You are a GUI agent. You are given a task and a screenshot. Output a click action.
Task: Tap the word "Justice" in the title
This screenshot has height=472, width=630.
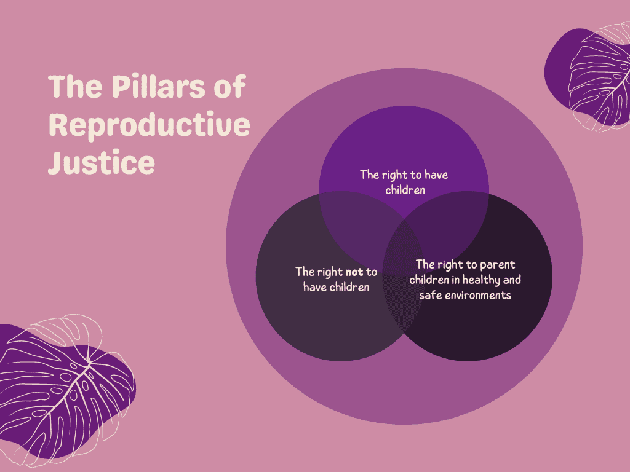coord(102,162)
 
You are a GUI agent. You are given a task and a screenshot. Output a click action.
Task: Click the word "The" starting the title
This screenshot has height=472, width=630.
coord(75,86)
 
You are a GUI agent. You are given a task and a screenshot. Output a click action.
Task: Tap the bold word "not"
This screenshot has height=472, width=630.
coord(354,272)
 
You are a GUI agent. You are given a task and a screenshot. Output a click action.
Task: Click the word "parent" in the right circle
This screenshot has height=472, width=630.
coord(497,265)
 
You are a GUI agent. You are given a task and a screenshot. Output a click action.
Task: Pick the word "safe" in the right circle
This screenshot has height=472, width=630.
coord(430,295)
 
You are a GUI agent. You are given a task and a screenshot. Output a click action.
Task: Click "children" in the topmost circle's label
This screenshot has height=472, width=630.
coord(405,190)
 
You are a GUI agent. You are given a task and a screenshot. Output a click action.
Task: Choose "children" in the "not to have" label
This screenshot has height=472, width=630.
coord(349,287)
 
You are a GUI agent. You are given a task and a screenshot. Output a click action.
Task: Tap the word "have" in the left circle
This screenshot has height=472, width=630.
coord(314,287)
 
